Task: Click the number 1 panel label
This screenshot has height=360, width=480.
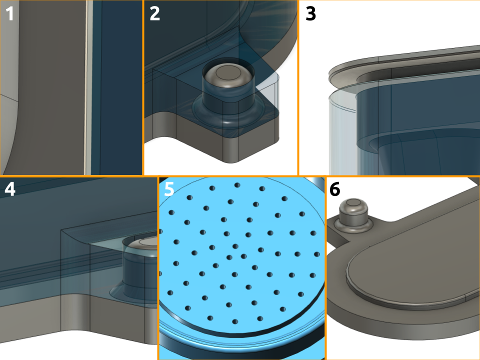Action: pyautogui.click(x=10, y=14)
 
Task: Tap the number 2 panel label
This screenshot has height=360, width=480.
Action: pyautogui.click(x=155, y=14)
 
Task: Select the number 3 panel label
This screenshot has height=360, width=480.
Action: pyautogui.click(x=310, y=14)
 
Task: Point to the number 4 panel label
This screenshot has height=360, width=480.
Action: pyautogui.click(x=10, y=189)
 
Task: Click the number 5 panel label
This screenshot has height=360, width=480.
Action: pyautogui.click(x=169, y=189)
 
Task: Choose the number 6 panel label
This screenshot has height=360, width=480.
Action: pyautogui.click(x=334, y=189)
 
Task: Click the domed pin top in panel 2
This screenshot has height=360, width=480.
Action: pyautogui.click(x=228, y=75)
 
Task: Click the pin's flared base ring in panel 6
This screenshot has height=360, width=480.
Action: pyautogui.click(x=353, y=225)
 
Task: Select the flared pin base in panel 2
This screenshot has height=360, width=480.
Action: pyautogui.click(x=228, y=114)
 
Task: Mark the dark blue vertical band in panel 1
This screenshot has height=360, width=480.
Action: pyautogui.click(x=121, y=87)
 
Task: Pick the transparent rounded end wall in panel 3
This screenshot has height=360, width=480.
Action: pyautogui.click(x=343, y=131)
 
